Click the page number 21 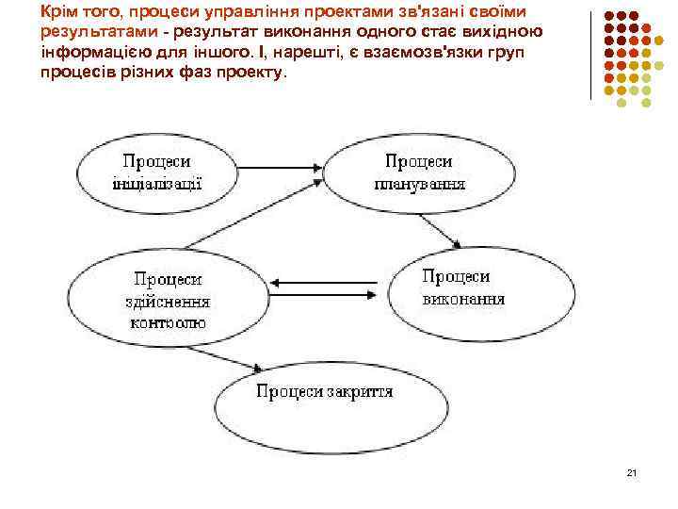point(632,472)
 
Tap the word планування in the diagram point(420,182)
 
